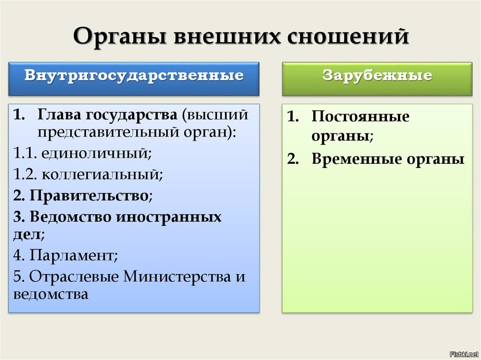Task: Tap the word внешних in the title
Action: (x=227, y=36)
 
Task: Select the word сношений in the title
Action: (x=348, y=36)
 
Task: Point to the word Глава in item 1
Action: (x=59, y=115)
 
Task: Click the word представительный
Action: (x=109, y=132)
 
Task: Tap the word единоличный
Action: (x=96, y=153)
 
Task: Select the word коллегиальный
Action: (x=102, y=175)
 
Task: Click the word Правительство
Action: (x=89, y=195)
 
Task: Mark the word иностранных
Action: (x=169, y=217)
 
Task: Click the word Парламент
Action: (x=72, y=255)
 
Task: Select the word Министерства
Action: (x=177, y=276)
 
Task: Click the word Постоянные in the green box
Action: (x=360, y=116)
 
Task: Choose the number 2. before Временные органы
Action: (x=293, y=159)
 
